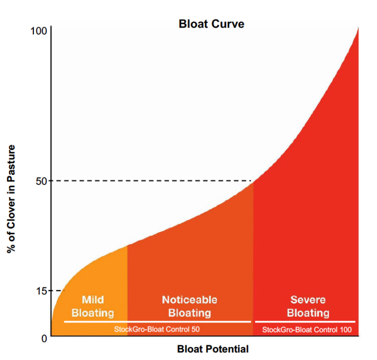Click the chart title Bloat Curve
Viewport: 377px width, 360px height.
[x=211, y=24]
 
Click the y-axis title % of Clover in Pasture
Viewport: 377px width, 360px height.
[x=11, y=199]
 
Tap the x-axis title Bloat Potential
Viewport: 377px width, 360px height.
[x=213, y=350]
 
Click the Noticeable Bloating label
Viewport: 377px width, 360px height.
[x=189, y=306]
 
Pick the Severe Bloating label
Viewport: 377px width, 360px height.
[x=308, y=306]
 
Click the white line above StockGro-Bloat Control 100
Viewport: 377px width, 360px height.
[x=305, y=322]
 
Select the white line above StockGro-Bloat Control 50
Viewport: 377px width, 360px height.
[x=157, y=322]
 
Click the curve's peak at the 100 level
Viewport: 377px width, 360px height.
[x=358, y=28]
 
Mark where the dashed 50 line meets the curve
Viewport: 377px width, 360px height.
[x=253, y=181]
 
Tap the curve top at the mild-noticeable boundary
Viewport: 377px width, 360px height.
[x=128, y=245]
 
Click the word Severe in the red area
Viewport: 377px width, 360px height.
[x=308, y=300]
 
